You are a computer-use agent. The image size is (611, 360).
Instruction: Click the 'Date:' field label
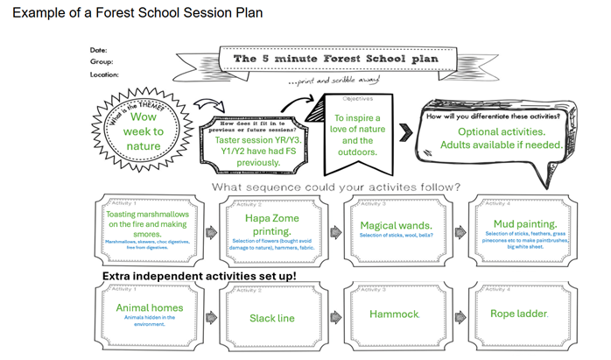98,50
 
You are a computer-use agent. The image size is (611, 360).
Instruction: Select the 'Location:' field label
104,74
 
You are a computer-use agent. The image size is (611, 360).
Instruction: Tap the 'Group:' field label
101,62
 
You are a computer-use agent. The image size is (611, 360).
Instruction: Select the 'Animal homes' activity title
150,307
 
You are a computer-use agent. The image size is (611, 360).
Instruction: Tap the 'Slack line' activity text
270,317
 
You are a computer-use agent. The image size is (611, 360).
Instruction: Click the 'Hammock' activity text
395,313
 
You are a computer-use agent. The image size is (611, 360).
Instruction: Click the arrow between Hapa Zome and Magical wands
333,234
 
